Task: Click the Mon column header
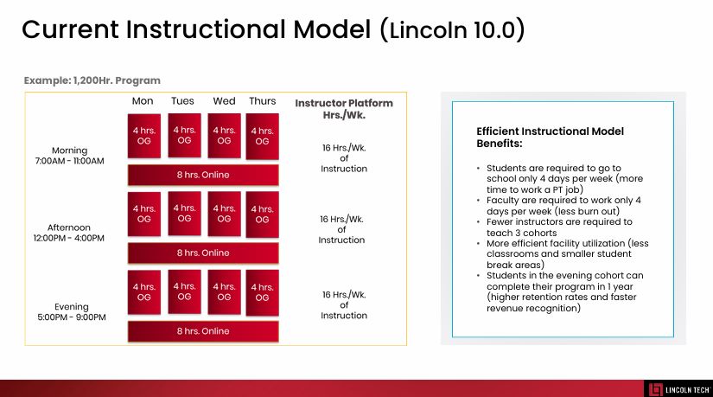pyautogui.click(x=143, y=101)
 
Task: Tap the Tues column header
pyautogui.click(x=182, y=101)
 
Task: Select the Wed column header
pyautogui.click(x=224, y=101)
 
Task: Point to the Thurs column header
pyautogui.click(x=263, y=101)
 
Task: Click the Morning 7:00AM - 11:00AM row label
pyautogui.click(x=70, y=155)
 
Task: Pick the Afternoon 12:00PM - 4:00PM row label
pyautogui.click(x=68, y=233)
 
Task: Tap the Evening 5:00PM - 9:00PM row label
pyautogui.click(x=72, y=312)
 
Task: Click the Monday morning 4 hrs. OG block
pyautogui.click(x=144, y=136)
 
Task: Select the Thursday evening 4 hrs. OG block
pyautogui.click(x=263, y=292)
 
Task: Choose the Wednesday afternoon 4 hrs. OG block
pyautogui.click(x=224, y=214)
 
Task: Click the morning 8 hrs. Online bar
pyautogui.click(x=203, y=175)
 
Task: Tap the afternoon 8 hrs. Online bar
pyautogui.click(x=203, y=253)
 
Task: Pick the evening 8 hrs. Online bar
pyautogui.click(x=203, y=331)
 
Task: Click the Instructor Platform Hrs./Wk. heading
pyautogui.click(x=344, y=109)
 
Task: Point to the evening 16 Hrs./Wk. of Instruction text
pyautogui.click(x=344, y=305)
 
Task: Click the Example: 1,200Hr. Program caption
pyautogui.click(x=92, y=80)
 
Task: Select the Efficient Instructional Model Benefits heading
pyautogui.click(x=551, y=137)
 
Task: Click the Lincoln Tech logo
pyautogui.click(x=678, y=390)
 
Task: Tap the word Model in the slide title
pyautogui.click(x=332, y=29)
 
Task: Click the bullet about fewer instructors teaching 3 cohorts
pyautogui.click(x=559, y=227)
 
